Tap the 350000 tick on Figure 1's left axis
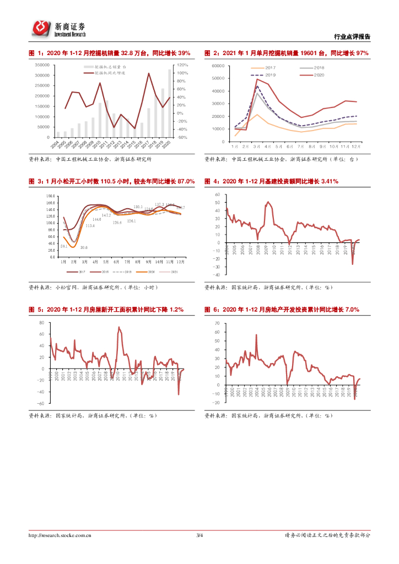[x=42, y=65]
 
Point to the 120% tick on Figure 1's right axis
[x=182, y=65]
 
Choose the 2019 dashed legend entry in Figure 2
[x=264, y=74]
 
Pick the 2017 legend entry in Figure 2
[x=264, y=68]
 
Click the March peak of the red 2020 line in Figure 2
[x=257, y=79]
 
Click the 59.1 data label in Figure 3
[x=64, y=246]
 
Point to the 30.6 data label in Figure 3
[x=84, y=247]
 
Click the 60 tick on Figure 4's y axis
[x=218, y=195]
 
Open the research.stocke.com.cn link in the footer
[x=60, y=535]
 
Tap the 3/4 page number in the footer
[x=199, y=535]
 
